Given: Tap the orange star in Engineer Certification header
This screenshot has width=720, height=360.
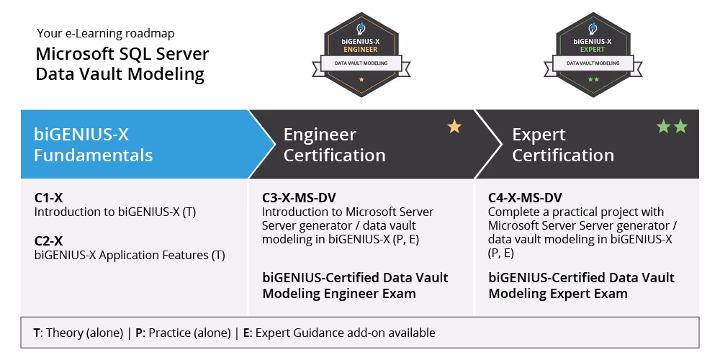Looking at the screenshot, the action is (x=454, y=127).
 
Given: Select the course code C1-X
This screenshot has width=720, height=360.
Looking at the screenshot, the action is (x=48, y=198).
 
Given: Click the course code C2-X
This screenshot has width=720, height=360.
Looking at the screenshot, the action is (x=48, y=240).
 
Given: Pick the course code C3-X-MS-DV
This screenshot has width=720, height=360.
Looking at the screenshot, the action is (x=299, y=198).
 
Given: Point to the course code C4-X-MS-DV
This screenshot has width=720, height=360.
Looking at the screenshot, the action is (x=525, y=198).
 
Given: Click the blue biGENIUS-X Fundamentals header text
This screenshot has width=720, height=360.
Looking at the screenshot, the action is (x=93, y=145).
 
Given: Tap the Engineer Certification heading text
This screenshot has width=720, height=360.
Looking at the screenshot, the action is (x=334, y=145).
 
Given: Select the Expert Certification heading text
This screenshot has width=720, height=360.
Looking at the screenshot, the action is (x=562, y=145).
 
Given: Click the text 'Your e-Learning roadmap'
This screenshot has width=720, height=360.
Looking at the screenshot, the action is (x=105, y=33).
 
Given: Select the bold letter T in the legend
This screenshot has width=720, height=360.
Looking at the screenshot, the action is (x=37, y=333).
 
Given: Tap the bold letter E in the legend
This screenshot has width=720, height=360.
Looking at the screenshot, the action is (x=246, y=333).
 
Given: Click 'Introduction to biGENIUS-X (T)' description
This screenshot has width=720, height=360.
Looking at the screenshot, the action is (x=115, y=212).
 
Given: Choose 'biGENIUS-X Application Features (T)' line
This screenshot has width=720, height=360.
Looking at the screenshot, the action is (x=130, y=255).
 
